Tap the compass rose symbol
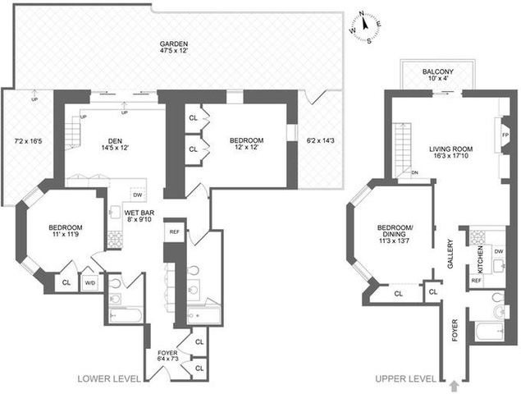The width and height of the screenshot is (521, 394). point(362,24)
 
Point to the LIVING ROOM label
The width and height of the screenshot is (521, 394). point(452,149)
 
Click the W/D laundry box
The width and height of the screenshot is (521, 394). point(90,283)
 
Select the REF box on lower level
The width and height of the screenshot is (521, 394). point(174,232)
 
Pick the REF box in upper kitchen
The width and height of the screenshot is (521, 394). point(476,281)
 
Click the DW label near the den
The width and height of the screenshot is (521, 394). point(137,195)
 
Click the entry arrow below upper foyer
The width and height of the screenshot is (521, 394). point(456,383)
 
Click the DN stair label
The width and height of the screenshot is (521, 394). point(414,172)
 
